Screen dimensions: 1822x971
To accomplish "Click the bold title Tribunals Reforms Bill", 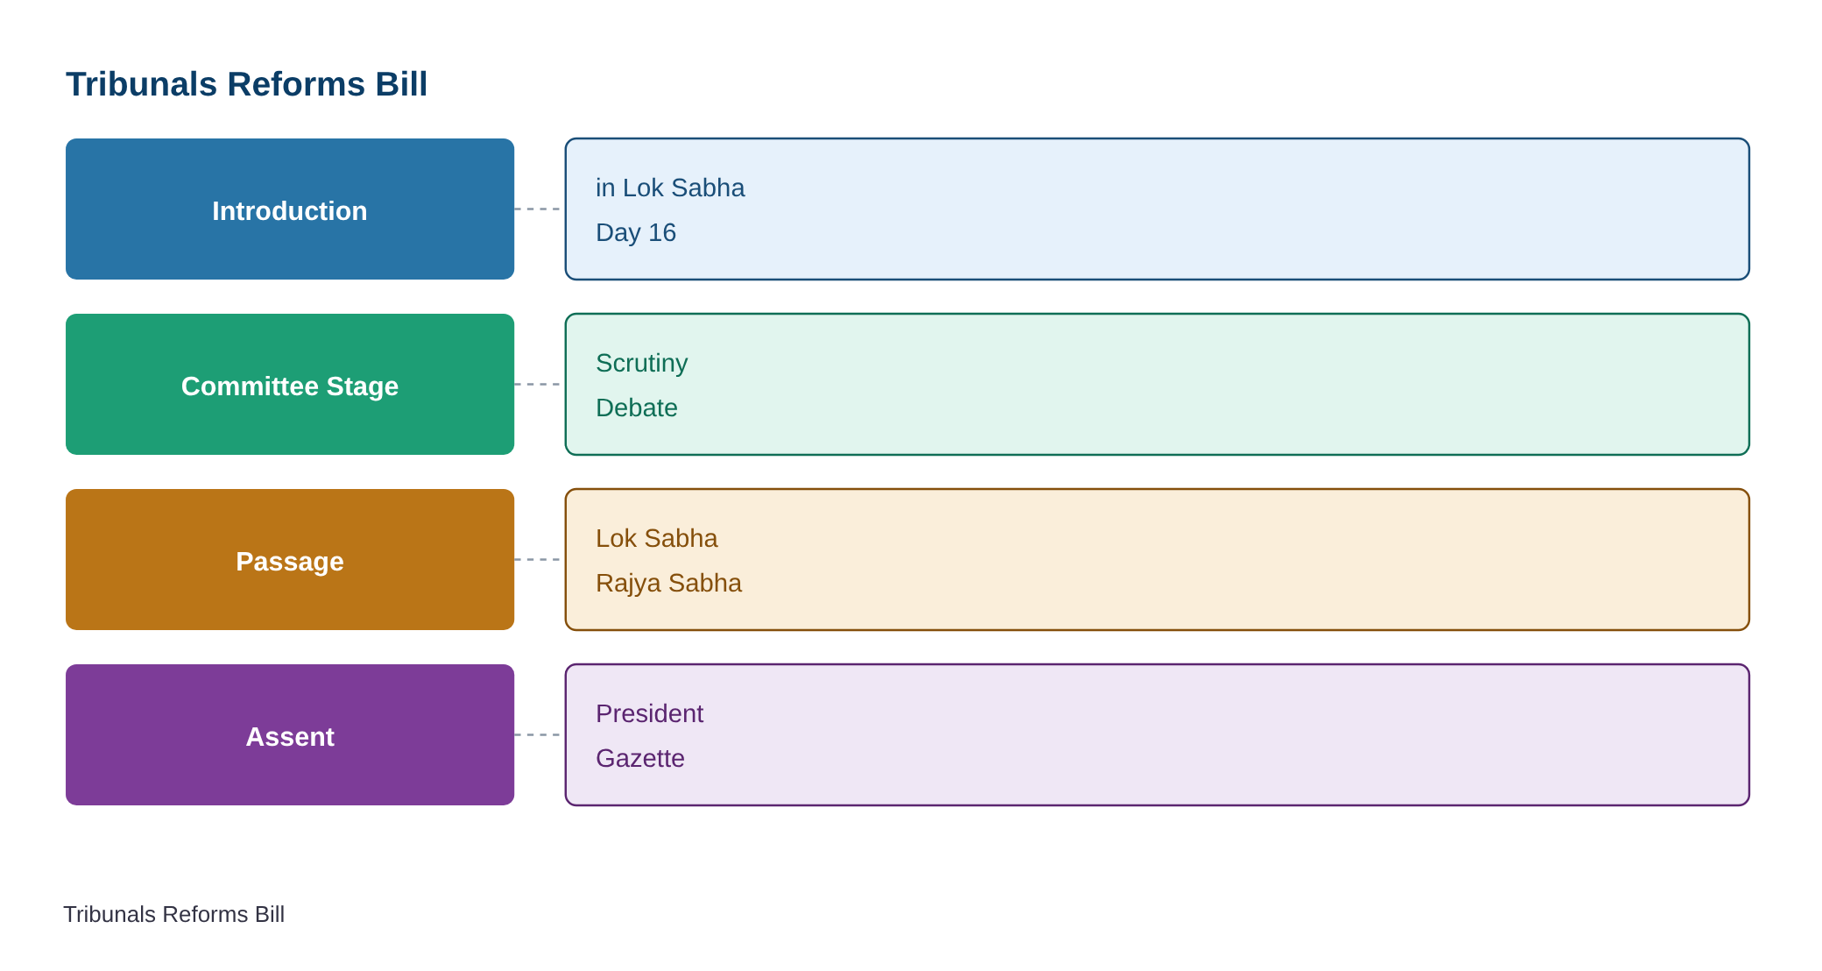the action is (246, 84).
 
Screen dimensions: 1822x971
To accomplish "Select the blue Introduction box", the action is (290, 209).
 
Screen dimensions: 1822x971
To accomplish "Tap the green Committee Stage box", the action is (290, 384).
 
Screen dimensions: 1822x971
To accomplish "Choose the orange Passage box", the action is (290, 559).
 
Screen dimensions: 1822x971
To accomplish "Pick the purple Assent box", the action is (290, 734).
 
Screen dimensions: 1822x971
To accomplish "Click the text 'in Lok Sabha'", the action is (670, 188).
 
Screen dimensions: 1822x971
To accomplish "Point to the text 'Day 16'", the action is (636, 232).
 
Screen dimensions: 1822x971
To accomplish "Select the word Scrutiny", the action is (642, 364).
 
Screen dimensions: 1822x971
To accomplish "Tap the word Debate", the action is (637, 408).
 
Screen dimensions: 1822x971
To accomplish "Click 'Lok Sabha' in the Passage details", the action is (657, 538).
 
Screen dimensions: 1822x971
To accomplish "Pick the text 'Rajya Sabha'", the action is (668, 584).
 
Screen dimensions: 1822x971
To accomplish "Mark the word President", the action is (649, 713).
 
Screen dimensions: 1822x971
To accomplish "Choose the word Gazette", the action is (640, 758).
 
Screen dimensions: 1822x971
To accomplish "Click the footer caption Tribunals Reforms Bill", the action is (173, 914).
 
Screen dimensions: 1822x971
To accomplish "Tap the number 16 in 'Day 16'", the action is (662, 232).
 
